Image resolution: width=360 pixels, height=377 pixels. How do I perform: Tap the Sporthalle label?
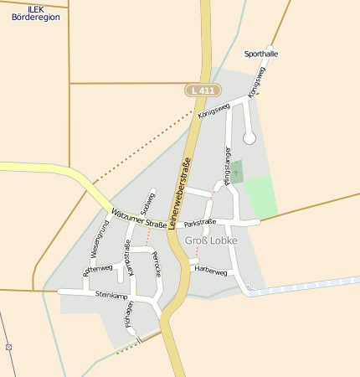pyautogui.click(x=260, y=54)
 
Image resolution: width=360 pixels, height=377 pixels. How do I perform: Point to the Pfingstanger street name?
pyautogui.click(x=228, y=164)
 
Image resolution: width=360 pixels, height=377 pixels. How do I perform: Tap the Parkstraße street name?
pyautogui.click(x=200, y=222)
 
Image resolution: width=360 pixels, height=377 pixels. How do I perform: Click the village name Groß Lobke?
pyautogui.click(x=211, y=240)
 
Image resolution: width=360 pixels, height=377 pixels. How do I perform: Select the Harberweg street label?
pyautogui.click(x=210, y=271)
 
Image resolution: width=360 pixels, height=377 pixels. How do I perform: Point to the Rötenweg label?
pyautogui.click(x=97, y=269)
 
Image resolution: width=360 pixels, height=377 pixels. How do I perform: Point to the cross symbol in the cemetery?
pyautogui.click(x=235, y=173)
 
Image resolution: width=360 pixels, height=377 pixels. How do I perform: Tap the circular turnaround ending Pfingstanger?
pyautogui.click(x=249, y=137)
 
